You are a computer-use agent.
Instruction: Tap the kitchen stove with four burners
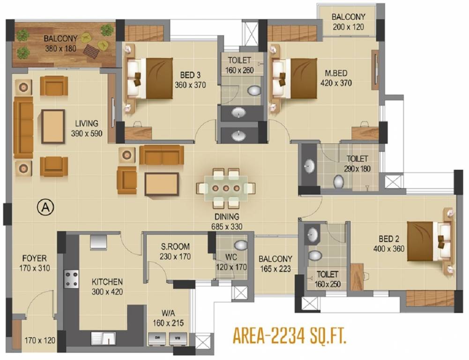(72, 278)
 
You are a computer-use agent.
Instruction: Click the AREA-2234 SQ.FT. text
(289, 337)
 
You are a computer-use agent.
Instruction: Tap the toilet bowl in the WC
(241, 245)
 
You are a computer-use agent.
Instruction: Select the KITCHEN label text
(107, 282)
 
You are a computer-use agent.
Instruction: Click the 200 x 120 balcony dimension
(348, 27)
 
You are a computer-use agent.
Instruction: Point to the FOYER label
(34, 258)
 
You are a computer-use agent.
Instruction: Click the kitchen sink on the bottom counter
(104, 337)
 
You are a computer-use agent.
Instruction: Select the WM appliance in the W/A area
(177, 337)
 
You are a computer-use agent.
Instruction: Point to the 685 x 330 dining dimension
(227, 226)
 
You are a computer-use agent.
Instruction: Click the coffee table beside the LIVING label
(53, 126)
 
